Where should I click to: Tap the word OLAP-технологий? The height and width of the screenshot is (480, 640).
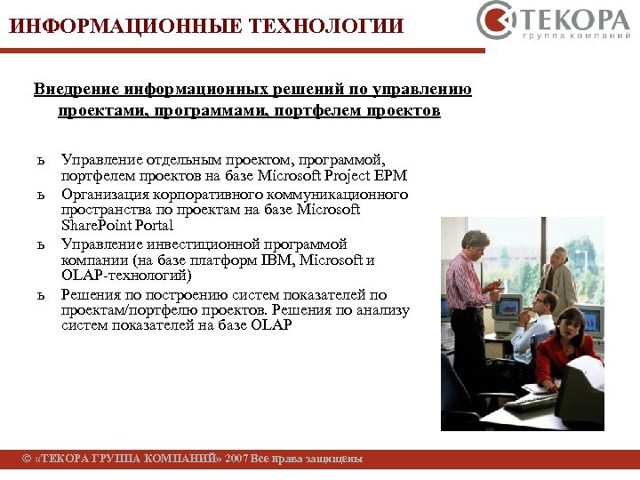[126, 276]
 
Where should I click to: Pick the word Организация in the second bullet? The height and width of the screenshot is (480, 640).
[105, 194]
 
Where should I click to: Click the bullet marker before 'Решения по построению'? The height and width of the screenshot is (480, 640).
[40, 294]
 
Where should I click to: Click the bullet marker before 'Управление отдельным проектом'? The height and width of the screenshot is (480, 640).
[40, 160]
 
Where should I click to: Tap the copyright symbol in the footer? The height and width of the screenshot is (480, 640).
[27, 459]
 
